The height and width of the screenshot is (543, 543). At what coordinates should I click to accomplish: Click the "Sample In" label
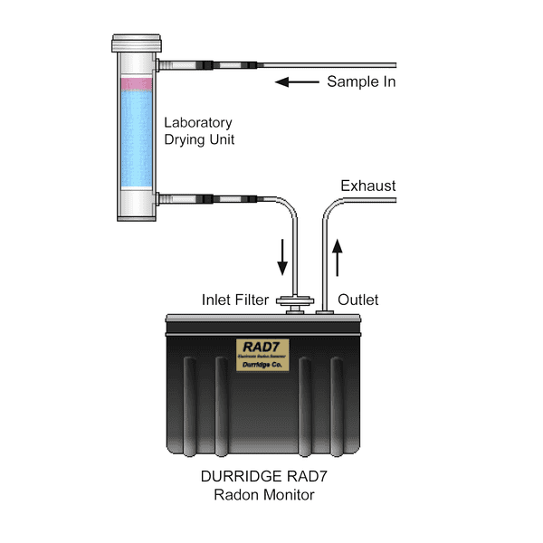click(x=362, y=82)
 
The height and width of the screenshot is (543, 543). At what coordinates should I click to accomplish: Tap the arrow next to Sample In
click(x=296, y=82)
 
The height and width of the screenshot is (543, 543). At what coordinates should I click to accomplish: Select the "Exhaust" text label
click(x=367, y=186)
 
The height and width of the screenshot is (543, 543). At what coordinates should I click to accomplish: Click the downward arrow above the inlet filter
click(x=283, y=256)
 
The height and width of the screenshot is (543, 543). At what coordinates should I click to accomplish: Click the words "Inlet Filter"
click(x=234, y=300)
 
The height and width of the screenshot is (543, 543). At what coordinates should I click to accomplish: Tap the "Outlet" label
click(x=357, y=300)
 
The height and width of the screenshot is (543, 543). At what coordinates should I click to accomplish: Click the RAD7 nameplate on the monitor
click(x=262, y=352)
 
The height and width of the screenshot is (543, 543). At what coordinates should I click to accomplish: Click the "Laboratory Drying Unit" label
click(x=198, y=130)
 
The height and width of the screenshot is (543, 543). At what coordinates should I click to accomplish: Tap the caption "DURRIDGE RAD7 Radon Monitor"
click(x=262, y=485)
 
